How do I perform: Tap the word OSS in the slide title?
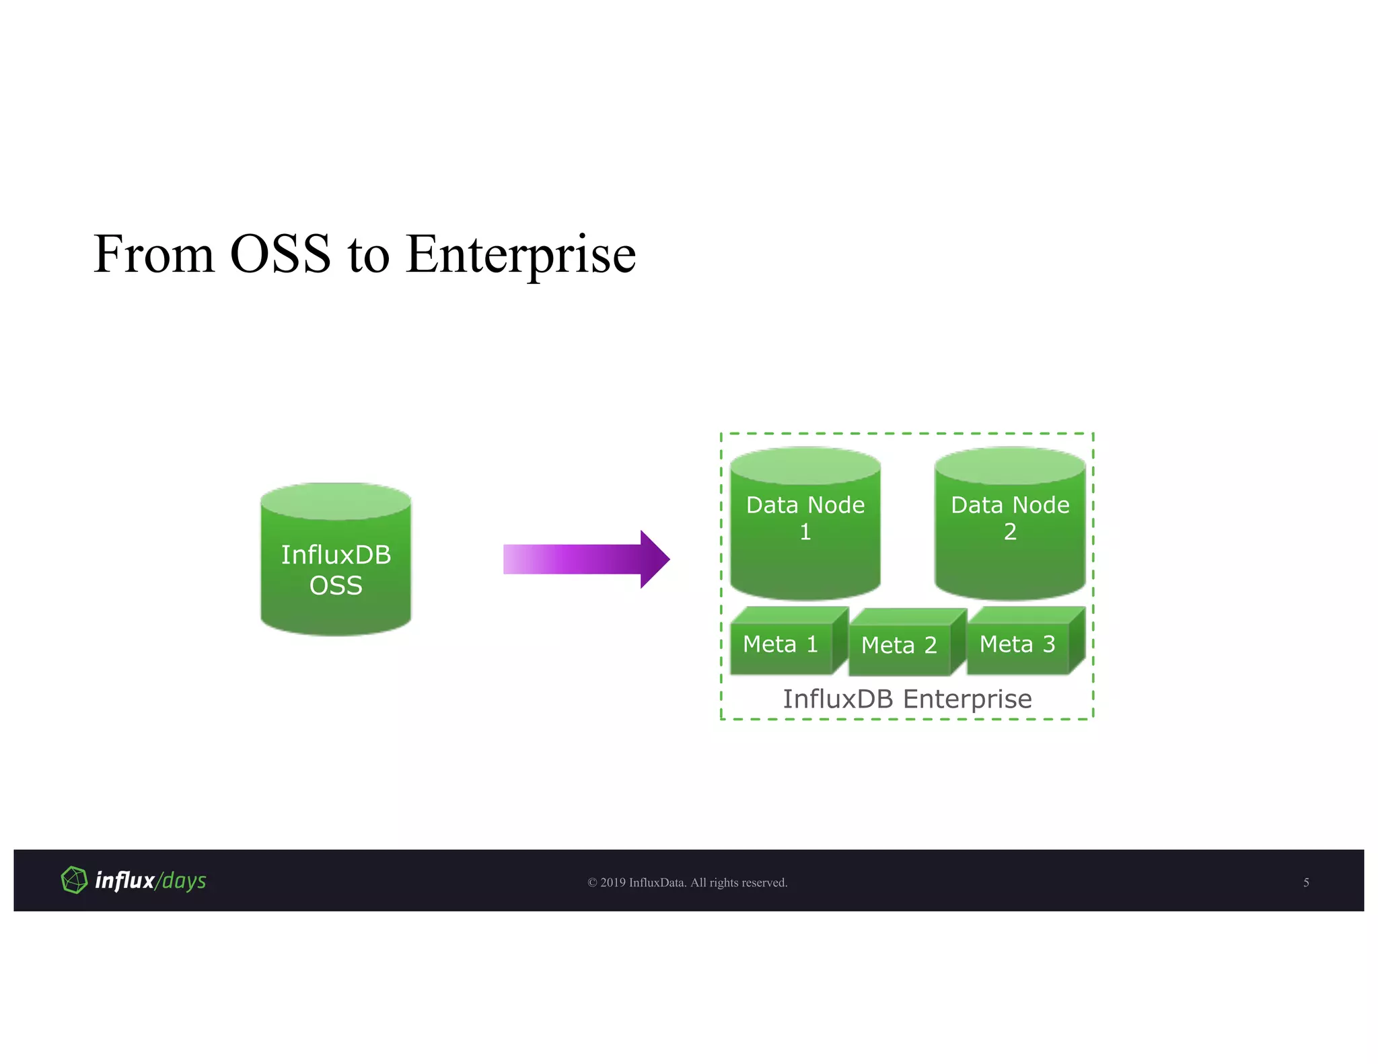[x=280, y=255]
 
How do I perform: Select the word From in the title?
[x=153, y=255]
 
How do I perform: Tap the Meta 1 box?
[x=781, y=644]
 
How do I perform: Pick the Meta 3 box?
[x=1017, y=644]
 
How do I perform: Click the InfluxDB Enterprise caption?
[x=907, y=699]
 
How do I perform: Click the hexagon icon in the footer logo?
[x=74, y=880]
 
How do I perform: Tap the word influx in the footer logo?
[x=125, y=880]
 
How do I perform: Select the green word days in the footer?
[x=184, y=881]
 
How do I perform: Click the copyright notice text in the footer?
[x=688, y=882]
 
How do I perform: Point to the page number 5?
[x=1306, y=882]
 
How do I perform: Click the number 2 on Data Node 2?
[x=1010, y=532]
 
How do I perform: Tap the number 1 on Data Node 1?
[x=805, y=533]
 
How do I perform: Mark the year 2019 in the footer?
[x=613, y=882]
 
